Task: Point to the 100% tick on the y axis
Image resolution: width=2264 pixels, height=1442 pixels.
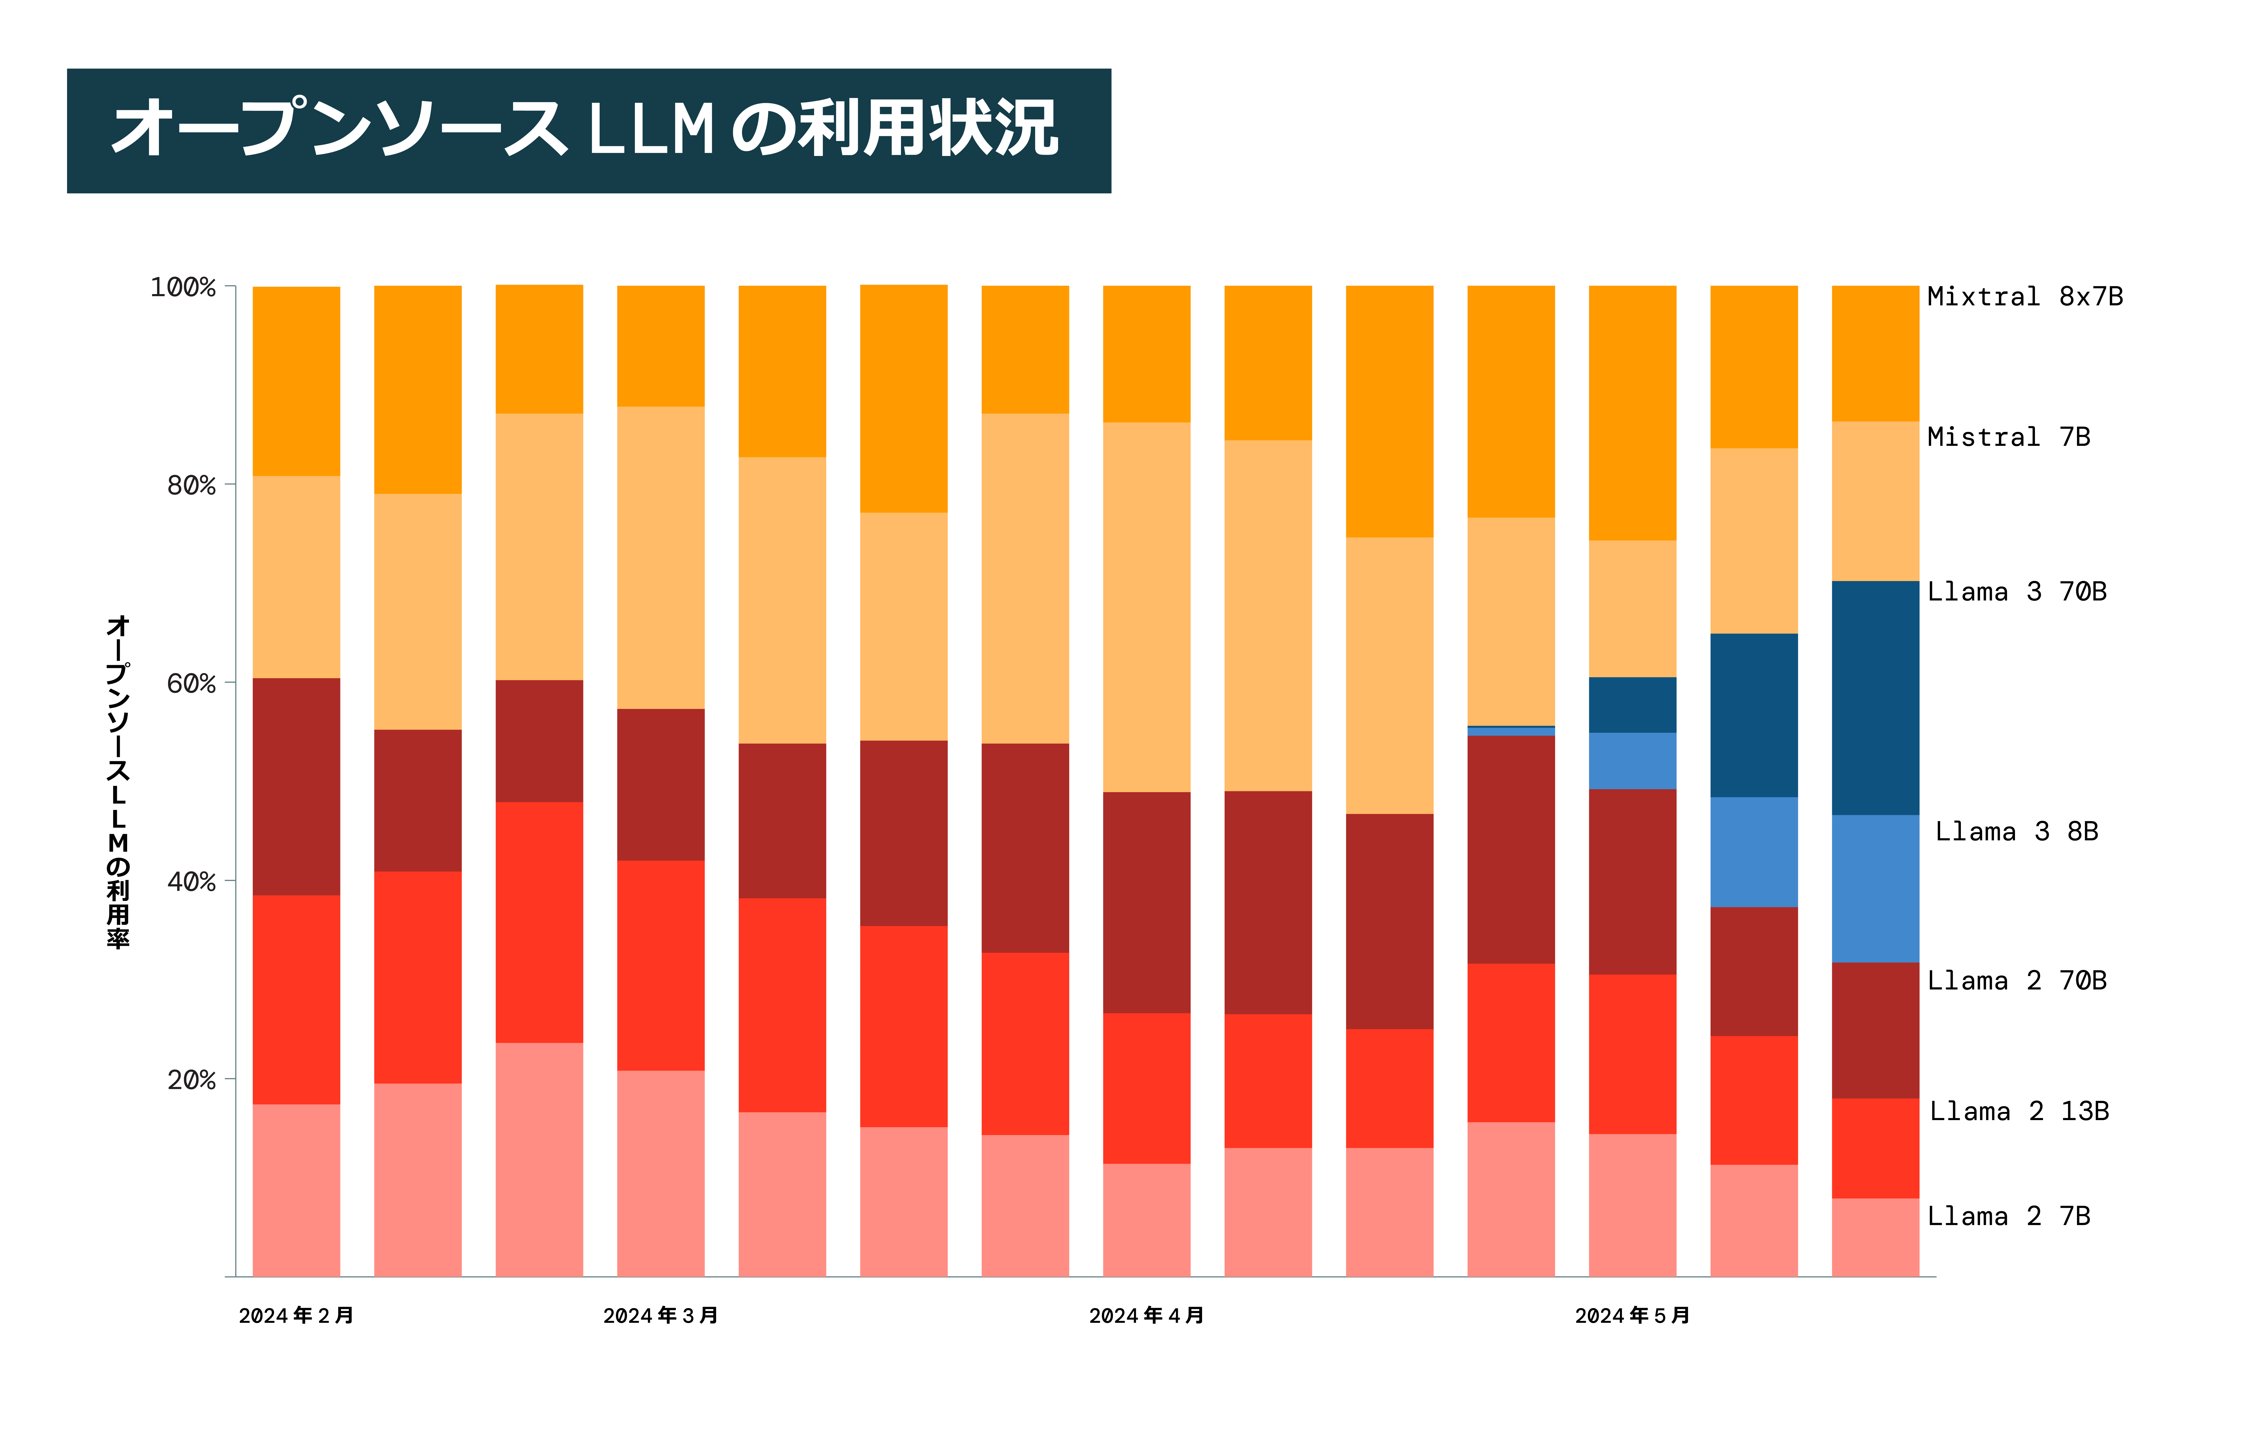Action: [x=183, y=287]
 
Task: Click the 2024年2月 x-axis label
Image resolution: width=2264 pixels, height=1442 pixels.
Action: [x=296, y=1315]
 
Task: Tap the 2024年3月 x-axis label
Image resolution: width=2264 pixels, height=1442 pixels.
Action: [x=661, y=1315]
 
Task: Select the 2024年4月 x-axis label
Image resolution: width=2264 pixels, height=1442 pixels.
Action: [x=1147, y=1315]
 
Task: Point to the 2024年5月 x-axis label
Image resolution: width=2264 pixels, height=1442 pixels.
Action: [x=1633, y=1315]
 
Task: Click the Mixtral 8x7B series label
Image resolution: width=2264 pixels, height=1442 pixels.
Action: [x=2024, y=297]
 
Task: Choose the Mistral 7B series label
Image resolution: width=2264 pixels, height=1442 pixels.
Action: [x=2008, y=437]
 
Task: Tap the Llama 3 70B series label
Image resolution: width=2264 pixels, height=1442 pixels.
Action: [x=2017, y=592]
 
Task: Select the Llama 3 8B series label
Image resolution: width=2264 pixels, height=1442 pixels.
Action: [x=2017, y=832]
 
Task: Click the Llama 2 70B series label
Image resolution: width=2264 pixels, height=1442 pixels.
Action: [x=2017, y=981]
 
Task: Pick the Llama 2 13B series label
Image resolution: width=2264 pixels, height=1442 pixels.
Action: [x=2019, y=1112]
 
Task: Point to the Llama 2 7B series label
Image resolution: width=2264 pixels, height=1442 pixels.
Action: [x=2008, y=1216]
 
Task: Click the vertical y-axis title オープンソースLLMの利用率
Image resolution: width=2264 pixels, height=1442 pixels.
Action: [x=117, y=782]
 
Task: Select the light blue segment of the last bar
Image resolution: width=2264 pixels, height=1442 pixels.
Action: [x=1875, y=888]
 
